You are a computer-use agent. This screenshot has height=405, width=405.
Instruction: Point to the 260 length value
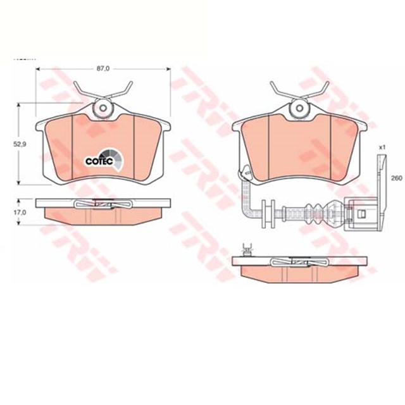(396, 178)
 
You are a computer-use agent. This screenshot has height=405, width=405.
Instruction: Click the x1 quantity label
(382, 147)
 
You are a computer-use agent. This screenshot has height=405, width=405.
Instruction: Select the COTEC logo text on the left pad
(97, 161)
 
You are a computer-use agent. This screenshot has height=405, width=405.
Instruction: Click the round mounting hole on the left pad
(101, 109)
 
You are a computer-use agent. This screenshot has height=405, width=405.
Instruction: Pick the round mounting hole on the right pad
(296, 109)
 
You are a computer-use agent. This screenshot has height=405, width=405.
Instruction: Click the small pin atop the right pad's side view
(247, 248)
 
